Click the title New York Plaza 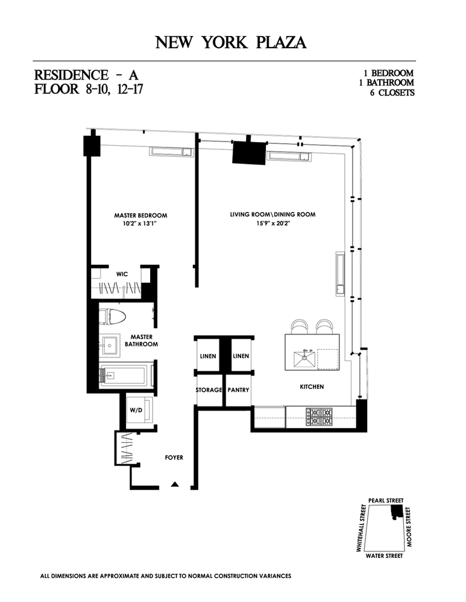231,42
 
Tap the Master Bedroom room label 140,216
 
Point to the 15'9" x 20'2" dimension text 272,224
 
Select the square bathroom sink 110,346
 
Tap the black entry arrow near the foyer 175,483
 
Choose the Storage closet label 209,390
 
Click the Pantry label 238,390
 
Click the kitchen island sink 304,359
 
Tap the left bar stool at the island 299,327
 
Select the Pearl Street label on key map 385,500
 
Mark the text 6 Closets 391,93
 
